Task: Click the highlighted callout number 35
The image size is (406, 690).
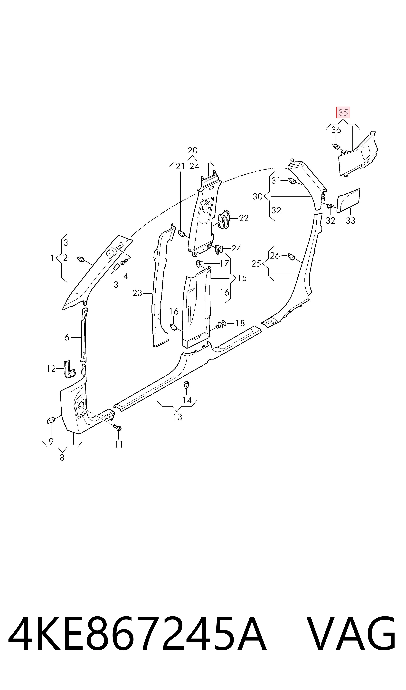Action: coord(343,112)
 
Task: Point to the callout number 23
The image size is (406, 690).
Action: coord(137,293)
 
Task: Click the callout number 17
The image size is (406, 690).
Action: coord(224,263)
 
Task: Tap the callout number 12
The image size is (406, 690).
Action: coord(51,369)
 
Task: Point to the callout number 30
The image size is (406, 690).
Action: coord(258,196)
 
